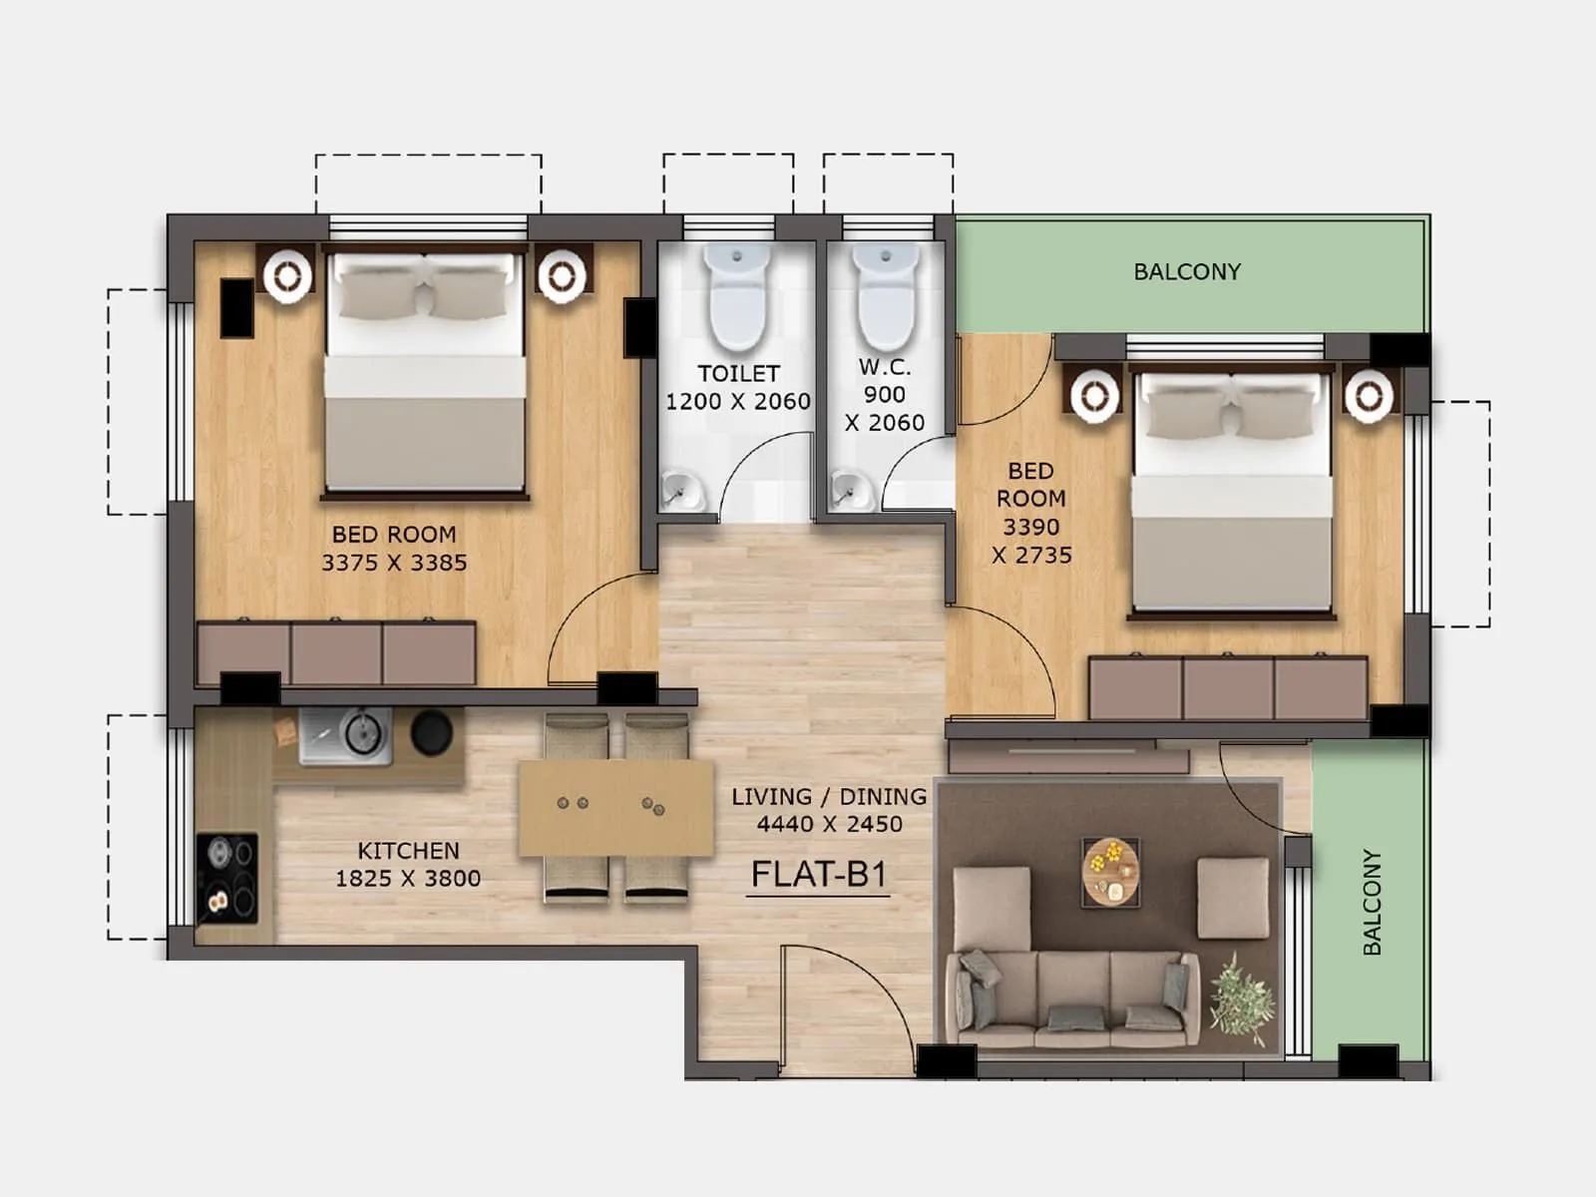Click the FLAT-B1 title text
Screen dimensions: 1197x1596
[818, 875]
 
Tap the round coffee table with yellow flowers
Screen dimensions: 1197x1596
[1111, 871]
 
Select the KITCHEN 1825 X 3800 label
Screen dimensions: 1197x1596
[408, 864]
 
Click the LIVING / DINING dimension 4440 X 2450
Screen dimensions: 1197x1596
[829, 824]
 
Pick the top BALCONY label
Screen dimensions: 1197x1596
[1187, 271]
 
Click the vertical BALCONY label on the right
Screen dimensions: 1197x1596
[1373, 902]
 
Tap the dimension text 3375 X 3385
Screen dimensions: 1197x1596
[394, 563]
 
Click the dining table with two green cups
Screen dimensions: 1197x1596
[616, 807]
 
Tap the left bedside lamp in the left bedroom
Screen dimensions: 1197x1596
[288, 274]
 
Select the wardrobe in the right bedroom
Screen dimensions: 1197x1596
[1228, 687]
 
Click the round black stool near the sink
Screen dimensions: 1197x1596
[432, 732]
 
